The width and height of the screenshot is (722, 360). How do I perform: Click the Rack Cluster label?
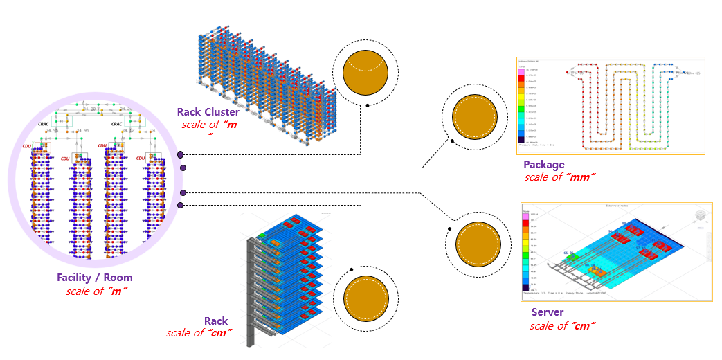(x=208, y=111)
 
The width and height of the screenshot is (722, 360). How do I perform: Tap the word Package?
(x=544, y=165)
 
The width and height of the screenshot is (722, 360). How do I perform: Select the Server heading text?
(x=547, y=313)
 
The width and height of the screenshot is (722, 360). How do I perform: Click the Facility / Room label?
(x=96, y=278)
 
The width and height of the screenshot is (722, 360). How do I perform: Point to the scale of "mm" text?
(x=560, y=177)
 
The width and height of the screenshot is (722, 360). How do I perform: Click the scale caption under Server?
(x=563, y=325)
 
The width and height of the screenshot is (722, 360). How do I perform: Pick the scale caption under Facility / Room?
(x=96, y=291)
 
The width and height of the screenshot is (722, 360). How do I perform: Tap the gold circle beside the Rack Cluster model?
(x=365, y=71)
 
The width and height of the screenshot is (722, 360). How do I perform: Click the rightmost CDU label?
(x=141, y=159)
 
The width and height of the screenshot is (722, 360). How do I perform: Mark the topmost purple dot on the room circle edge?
(x=180, y=154)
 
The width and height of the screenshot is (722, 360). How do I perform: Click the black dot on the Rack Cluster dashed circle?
(x=368, y=106)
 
